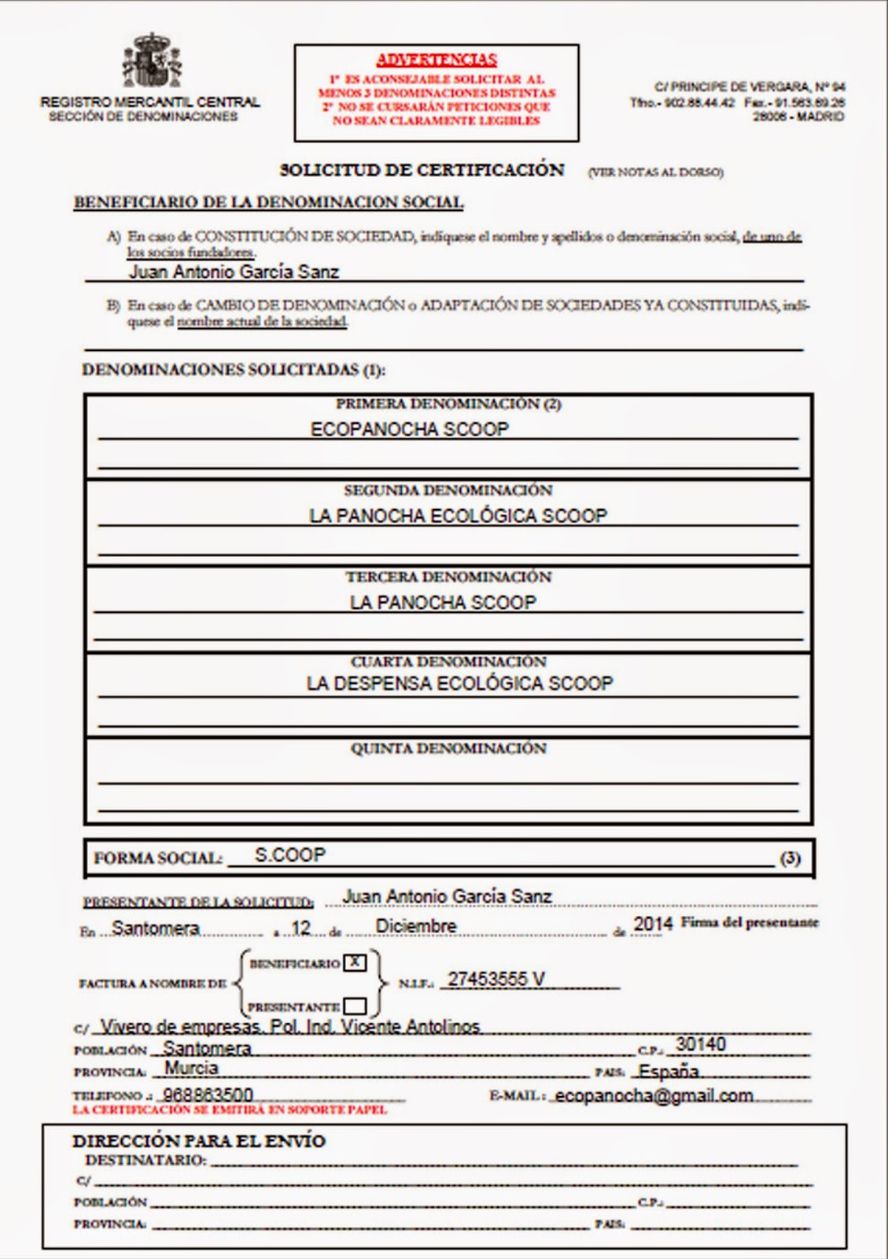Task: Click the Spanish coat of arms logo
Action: pos(152,61)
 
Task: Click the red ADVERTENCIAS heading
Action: pos(437,60)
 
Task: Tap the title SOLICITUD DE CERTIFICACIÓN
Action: pos(422,170)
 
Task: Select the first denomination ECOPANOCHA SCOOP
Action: pos(410,429)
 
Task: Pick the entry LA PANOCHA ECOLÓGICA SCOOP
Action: pos(458,515)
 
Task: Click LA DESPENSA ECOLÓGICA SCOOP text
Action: pos(459,683)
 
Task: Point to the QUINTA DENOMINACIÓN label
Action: pos(448,748)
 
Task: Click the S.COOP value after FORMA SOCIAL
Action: pos(289,855)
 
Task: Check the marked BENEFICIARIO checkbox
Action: pos(356,962)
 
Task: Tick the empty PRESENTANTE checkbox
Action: pos(356,1006)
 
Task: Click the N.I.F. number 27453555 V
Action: pos(496,979)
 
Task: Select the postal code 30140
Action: pos(701,1044)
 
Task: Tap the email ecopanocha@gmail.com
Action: pos(654,1095)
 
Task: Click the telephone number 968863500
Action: pos(208,1095)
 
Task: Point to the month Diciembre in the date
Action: pos(415,926)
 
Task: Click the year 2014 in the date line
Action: pos(653,924)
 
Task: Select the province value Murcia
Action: pos(191,1068)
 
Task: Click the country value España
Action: pos(669,1071)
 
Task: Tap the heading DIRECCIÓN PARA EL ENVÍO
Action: pos(199,1141)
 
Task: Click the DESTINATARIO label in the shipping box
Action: pos(146,1161)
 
